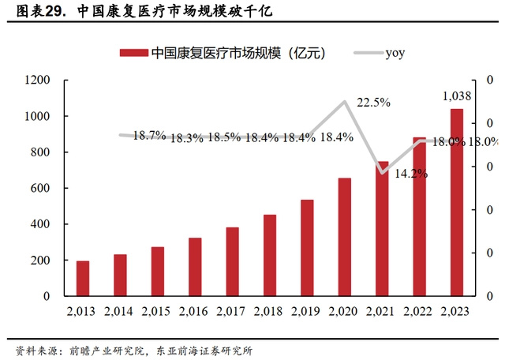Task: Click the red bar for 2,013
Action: (83, 278)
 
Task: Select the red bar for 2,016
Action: (195, 267)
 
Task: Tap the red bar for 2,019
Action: (307, 248)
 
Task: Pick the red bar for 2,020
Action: (345, 237)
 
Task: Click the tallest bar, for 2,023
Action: (457, 202)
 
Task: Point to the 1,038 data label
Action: (457, 96)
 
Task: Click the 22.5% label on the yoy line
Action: (373, 103)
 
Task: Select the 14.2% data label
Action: (411, 173)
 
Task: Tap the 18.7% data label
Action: (149, 136)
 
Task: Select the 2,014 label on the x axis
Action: (120, 311)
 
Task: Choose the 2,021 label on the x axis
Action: (382, 311)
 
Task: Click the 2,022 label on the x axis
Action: (419, 311)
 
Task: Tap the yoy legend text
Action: (395, 53)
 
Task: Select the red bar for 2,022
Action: (419, 216)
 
